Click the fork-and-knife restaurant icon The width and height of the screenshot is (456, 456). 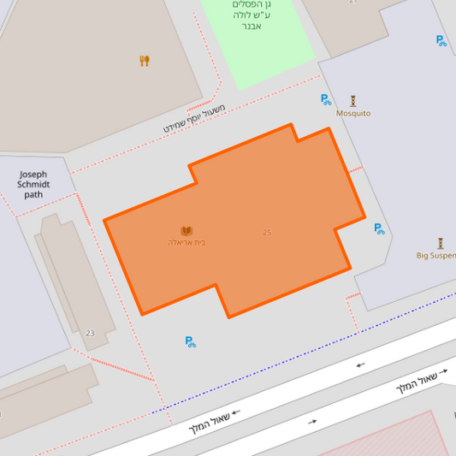click(x=145, y=61)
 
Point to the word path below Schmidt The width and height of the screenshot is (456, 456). click(x=33, y=194)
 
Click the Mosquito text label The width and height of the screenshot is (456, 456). click(x=353, y=113)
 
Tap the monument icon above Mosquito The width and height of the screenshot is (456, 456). click(x=352, y=100)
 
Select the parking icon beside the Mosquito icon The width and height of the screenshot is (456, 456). click(x=326, y=99)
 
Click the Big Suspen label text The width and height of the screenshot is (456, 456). click(x=436, y=255)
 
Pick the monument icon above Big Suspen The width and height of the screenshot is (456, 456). click(x=441, y=243)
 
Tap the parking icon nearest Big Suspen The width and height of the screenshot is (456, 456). click(x=379, y=228)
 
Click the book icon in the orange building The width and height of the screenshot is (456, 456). click(x=187, y=231)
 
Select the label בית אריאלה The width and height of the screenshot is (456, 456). click(x=187, y=243)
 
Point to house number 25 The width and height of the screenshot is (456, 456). click(x=267, y=232)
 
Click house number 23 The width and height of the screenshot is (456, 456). click(x=90, y=333)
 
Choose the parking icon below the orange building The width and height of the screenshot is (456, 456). click(x=191, y=341)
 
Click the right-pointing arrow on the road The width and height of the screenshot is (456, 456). click(x=312, y=422)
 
